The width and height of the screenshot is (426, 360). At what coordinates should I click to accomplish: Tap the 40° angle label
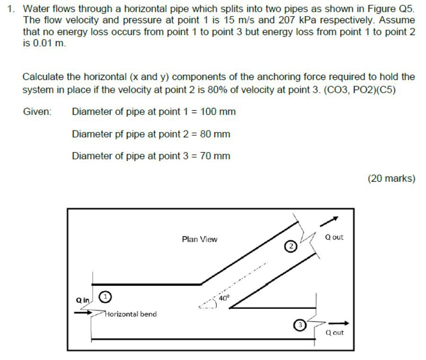point(224,299)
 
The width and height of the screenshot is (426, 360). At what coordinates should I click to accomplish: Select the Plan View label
point(199,239)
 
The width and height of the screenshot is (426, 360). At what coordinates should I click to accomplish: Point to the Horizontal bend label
point(131,314)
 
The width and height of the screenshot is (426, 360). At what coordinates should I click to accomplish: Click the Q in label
point(82,300)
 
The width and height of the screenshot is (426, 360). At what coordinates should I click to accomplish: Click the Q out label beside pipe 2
point(334,237)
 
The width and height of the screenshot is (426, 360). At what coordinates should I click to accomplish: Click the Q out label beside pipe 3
point(335,333)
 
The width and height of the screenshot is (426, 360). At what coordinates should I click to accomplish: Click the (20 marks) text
point(391,178)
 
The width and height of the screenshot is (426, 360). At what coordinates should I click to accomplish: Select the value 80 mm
point(215,134)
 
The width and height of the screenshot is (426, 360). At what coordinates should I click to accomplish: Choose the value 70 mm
point(215,156)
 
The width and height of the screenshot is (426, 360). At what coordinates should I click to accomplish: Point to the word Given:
point(37,112)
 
